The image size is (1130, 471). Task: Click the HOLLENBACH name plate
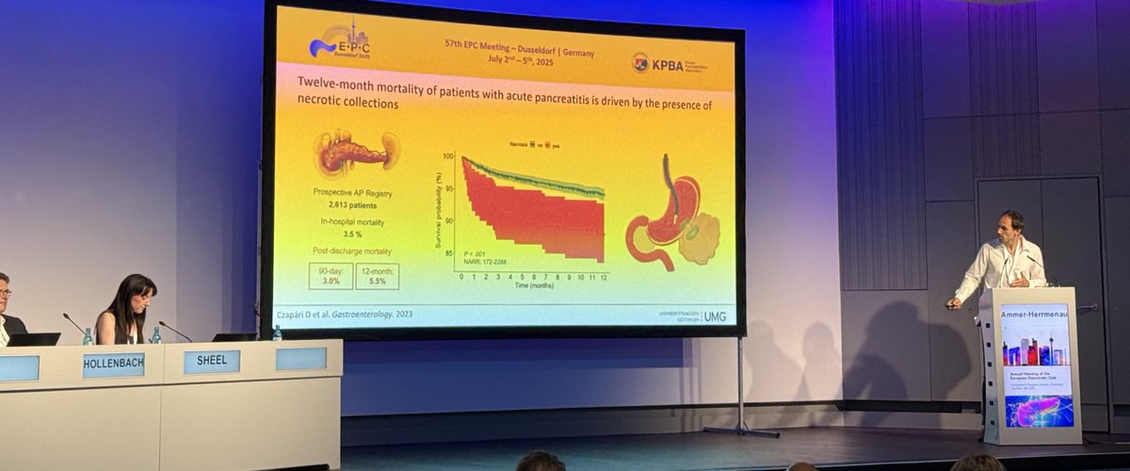click(x=113, y=365)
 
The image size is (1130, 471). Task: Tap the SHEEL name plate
click(x=211, y=362)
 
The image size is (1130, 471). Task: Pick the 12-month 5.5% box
click(x=377, y=275)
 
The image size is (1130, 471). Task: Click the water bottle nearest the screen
click(x=277, y=333)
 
